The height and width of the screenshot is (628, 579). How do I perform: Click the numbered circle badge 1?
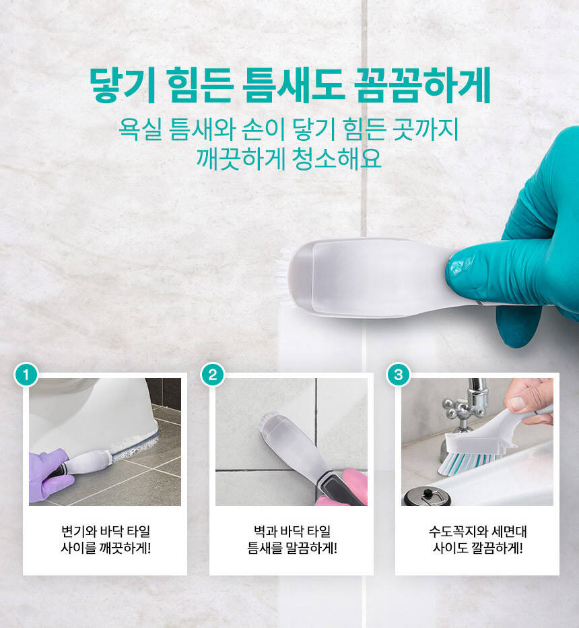(x=26, y=375)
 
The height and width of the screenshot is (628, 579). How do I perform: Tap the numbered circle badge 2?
(x=213, y=375)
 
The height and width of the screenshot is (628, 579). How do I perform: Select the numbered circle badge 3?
(x=399, y=375)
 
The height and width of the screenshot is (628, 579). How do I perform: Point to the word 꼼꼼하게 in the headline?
(x=423, y=86)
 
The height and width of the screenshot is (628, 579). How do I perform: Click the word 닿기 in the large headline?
(x=122, y=86)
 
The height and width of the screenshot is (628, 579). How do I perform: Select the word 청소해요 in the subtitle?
(x=337, y=159)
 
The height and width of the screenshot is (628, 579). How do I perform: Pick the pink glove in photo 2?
(x=346, y=489)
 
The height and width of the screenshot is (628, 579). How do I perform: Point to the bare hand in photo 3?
(x=529, y=400)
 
